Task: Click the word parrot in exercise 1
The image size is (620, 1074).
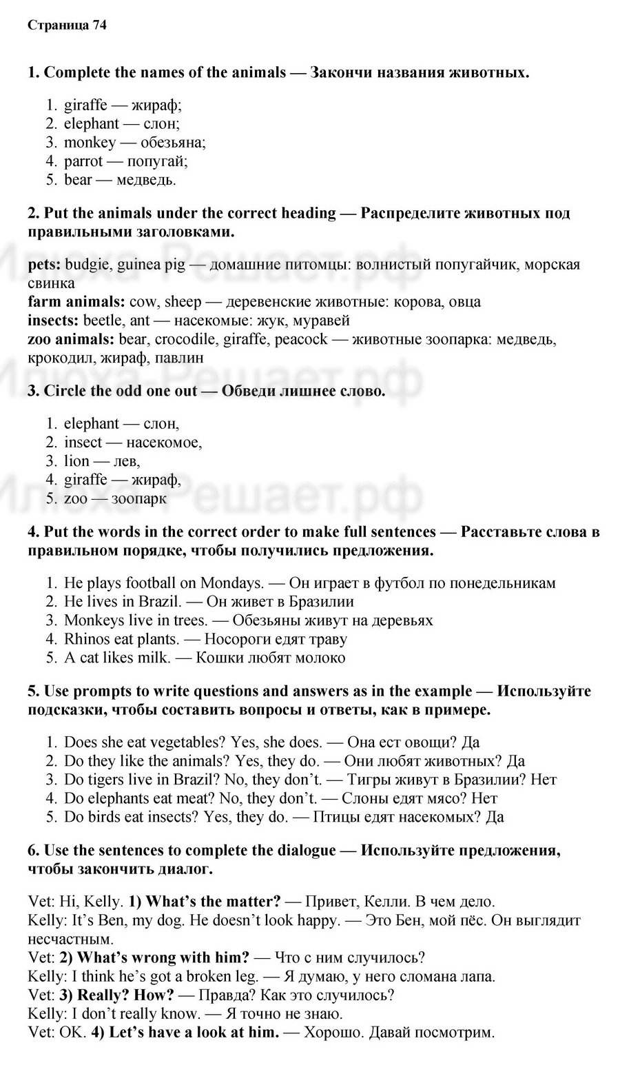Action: pos(83,161)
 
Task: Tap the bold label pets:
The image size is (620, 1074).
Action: pos(45,265)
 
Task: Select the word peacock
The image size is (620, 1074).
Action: pos(304,339)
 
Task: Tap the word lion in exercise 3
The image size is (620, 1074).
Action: pos(76,461)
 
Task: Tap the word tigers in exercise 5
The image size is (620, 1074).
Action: pos(102,780)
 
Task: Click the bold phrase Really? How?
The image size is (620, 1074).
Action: pos(126,995)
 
